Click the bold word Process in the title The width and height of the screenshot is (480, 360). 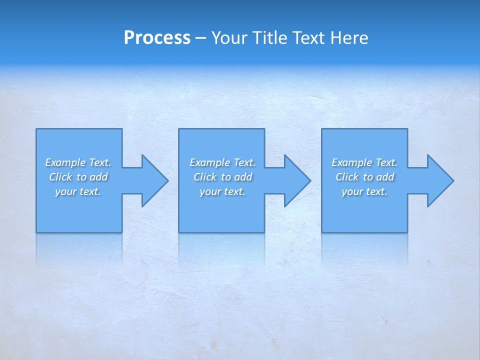click(157, 38)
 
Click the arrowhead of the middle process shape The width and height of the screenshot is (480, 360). click(296, 180)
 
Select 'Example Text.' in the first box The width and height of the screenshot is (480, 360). click(78, 162)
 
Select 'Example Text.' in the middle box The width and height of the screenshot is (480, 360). click(222, 162)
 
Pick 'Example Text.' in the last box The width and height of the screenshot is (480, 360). click(364, 162)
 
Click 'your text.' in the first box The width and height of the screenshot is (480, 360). click(78, 191)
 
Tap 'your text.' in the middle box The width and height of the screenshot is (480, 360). click(222, 191)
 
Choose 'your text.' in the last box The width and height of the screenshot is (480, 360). click(364, 191)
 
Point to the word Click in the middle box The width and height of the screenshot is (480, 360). click(205, 177)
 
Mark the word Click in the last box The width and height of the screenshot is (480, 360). click(347, 177)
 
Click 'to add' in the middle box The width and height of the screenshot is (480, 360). click(236, 177)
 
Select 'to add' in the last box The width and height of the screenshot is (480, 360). click(378, 177)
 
